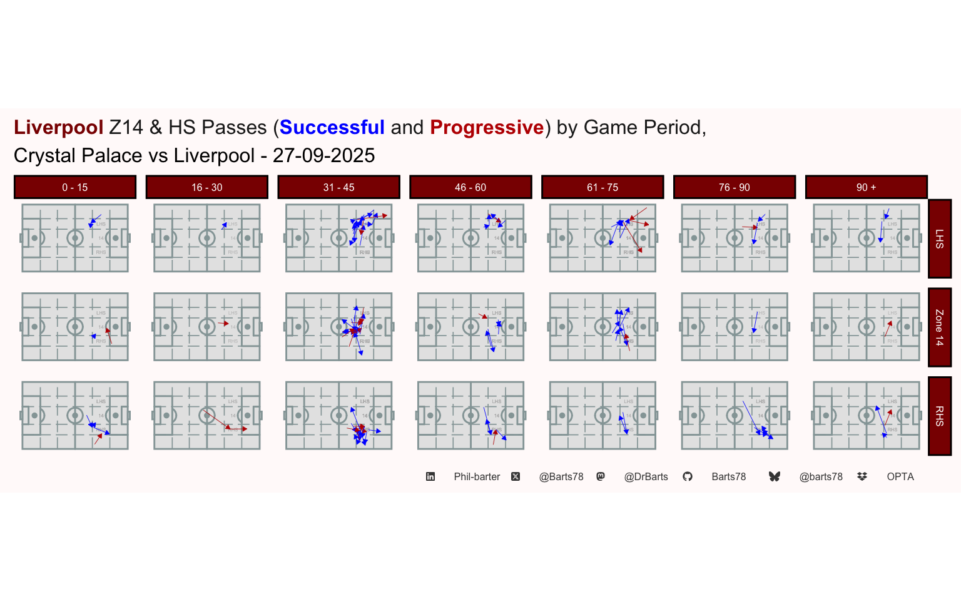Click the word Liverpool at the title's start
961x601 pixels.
[x=58, y=128]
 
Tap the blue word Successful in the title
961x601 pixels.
[x=332, y=128]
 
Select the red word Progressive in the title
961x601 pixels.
[x=487, y=128]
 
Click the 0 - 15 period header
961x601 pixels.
[x=75, y=187]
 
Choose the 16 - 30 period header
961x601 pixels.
[x=207, y=187]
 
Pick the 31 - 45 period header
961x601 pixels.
[x=338, y=187]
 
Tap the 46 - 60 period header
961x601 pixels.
[x=470, y=187]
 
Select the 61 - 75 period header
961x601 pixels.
[x=603, y=187]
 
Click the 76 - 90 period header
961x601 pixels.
[x=735, y=187]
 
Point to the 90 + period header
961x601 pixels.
[x=866, y=187]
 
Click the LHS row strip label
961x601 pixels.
[x=939, y=239]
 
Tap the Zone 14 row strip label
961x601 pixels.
[x=939, y=327]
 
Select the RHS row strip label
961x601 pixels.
[x=939, y=416]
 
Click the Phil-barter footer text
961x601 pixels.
[x=477, y=477]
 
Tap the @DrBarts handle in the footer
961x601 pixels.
[x=646, y=477]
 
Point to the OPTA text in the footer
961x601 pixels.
[x=900, y=477]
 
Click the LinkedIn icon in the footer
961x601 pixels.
[x=430, y=477]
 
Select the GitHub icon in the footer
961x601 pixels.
[x=688, y=477]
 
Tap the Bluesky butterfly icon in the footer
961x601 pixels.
[x=775, y=477]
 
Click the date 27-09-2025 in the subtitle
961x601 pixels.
[x=323, y=156]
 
